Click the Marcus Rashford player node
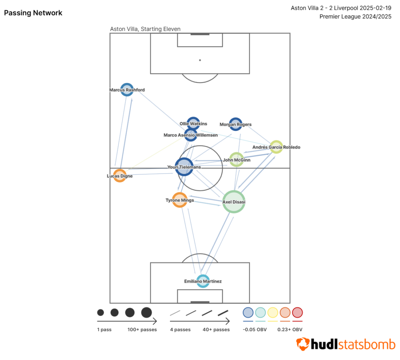(x=127, y=90)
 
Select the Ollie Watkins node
(x=193, y=124)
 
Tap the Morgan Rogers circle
(x=236, y=124)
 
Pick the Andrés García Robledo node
(x=276, y=147)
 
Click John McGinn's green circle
(x=236, y=160)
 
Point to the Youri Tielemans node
(x=184, y=167)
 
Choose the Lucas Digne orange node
(x=120, y=176)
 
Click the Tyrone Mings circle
(x=180, y=200)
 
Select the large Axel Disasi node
(x=234, y=202)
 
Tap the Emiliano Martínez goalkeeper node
(x=203, y=281)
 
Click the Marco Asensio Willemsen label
(x=191, y=135)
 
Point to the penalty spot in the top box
(x=200, y=60)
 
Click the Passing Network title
(x=33, y=13)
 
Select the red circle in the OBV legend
(x=298, y=312)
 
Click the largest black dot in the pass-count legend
(x=146, y=312)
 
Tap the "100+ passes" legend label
(x=142, y=330)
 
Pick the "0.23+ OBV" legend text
(x=290, y=330)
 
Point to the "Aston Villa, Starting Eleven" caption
(x=145, y=29)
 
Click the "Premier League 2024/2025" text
(x=355, y=16)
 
